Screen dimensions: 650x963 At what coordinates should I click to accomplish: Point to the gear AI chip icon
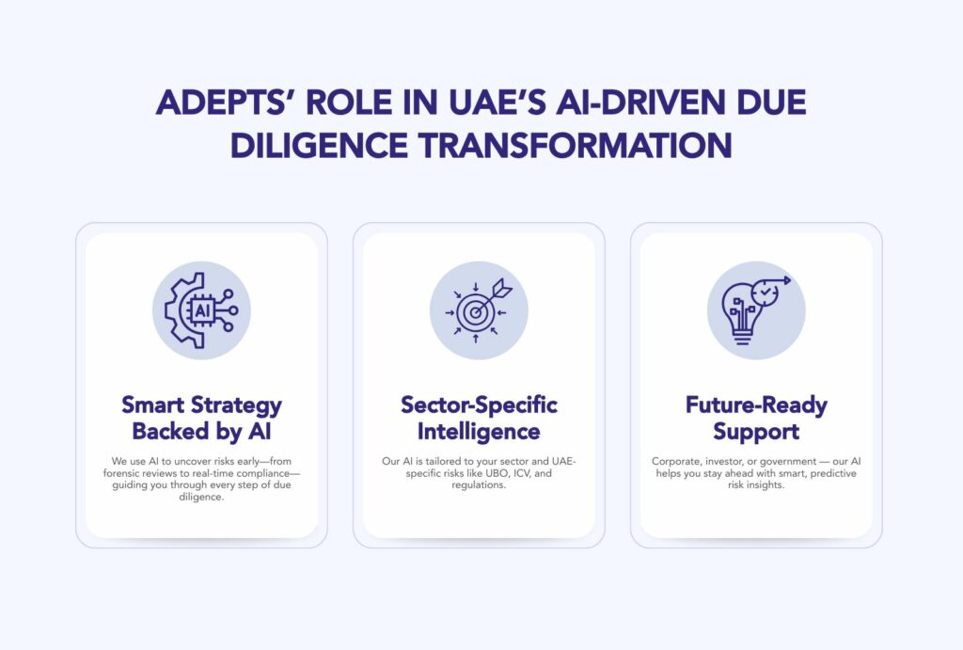(x=201, y=310)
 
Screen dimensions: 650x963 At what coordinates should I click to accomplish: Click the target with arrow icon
(x=479, y=310)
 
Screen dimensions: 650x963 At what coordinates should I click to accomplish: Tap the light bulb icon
(x=756, y=310)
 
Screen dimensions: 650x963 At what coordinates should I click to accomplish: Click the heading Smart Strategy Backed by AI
(x=201, y=419)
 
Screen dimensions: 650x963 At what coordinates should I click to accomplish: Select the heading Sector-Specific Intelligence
(x=479, y=419)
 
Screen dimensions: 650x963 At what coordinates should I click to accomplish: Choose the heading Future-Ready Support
(x=756, y=419)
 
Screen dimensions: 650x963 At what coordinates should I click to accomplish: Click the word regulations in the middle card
(x=479, y=485)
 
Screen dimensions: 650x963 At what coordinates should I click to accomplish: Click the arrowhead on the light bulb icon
(x=786, y=278)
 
